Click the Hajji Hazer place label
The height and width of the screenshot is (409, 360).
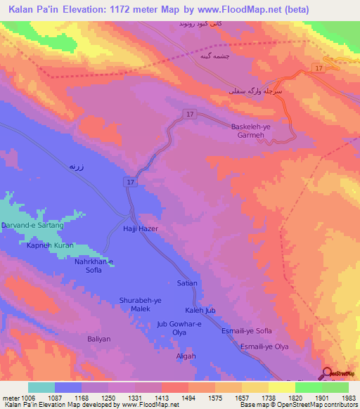tap(141, 229)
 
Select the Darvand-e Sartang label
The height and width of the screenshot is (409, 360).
tap(32, 226)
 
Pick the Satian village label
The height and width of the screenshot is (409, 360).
tap(187, 283)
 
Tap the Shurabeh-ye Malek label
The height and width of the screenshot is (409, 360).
tap(140, 304)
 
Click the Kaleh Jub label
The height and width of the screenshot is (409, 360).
tap(199, 310)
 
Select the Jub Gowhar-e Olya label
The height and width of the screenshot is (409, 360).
tap(179, 327)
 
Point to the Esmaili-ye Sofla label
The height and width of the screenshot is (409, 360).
tap(246, 330)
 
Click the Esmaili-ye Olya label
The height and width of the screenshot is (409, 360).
tap(265, 346)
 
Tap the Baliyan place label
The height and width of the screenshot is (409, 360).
tap(99, 339)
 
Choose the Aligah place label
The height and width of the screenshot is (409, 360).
tap(186, 356)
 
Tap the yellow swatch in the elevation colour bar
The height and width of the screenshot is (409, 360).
tap(281, 387)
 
